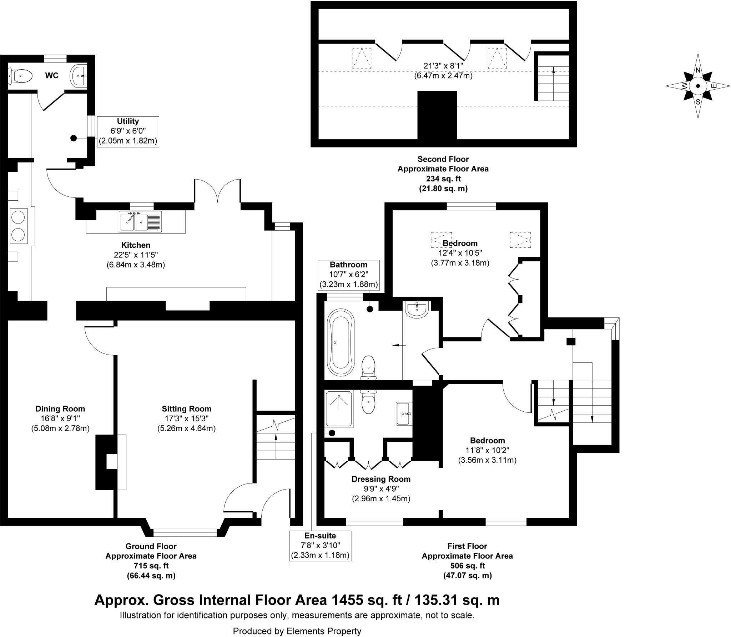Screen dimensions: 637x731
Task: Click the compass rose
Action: pyautogui.click(x=697, y=86)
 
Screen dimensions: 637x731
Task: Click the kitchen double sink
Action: pyautogui.click(x=141, y=221)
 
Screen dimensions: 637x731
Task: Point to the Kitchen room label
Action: pyautogui.click(x=136, y=245)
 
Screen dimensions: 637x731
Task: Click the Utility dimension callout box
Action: pyautogui.click(x=128, y=131)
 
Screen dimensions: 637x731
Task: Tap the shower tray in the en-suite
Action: pyautogui.click(x=339, y=408)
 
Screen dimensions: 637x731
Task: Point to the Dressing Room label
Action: pyautogui.click(x=381, y=479)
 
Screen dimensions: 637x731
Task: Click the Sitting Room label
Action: pyautogui.click(x=186, y=409)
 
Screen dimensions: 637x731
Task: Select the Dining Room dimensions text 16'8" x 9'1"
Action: pyautogui.click(x=60, y=418)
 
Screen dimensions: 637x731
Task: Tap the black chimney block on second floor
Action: pyautogui.click(x=437, y=115)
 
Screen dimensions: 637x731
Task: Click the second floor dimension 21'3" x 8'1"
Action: pyautogui.click(x=443, y=66)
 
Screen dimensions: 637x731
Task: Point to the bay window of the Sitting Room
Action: pyautogui.click(x=185, y=533)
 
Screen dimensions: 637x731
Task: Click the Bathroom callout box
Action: pyautogui.click(x=348, y=275)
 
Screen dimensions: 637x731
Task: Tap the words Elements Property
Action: pyautogui.click(x=324, y=631)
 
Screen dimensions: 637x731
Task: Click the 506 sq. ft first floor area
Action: pyautogui.click(x=467, y=576)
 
